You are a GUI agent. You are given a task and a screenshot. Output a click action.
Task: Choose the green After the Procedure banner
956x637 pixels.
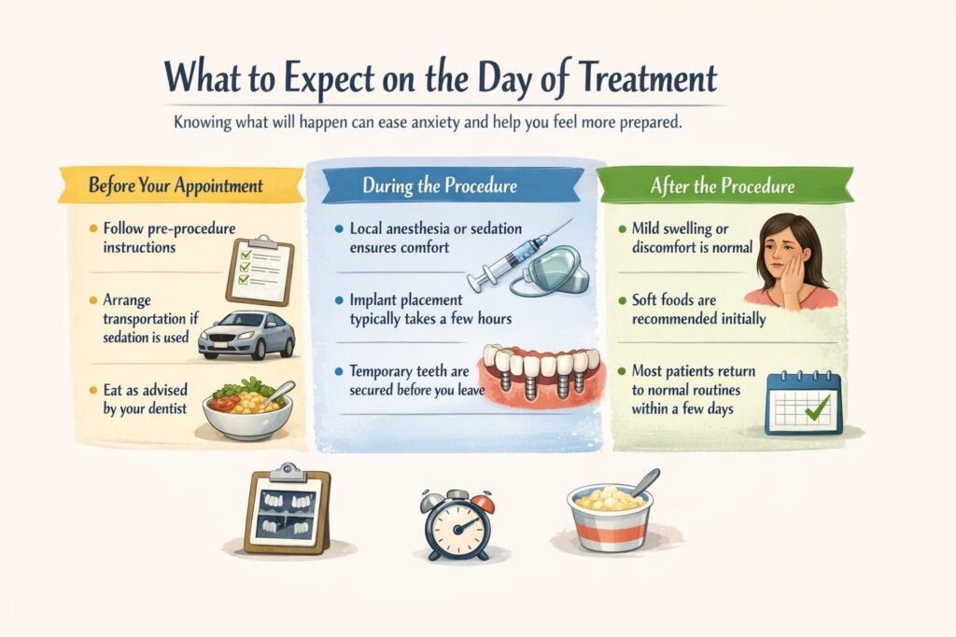click(723, 185)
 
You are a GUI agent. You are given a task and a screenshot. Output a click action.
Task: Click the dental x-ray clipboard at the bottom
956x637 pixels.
click(287, 510)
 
